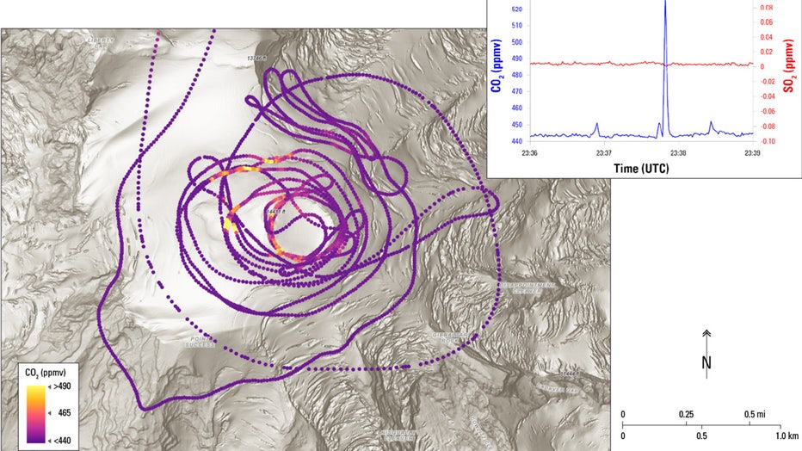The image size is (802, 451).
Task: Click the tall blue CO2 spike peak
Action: [664, 3]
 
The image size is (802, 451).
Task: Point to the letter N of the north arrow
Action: [706, 362]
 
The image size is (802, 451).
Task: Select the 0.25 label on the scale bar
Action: [686, 414]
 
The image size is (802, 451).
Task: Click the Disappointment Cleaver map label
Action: [527, 287]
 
